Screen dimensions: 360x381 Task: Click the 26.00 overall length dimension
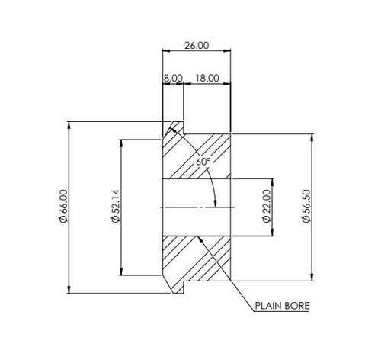coord(196,46)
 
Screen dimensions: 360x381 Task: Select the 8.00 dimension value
coord(172,78)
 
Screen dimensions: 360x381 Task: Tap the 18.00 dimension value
coord(207,78)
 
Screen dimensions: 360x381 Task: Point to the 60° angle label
coord(202,162)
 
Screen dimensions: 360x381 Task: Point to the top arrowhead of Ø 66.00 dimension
coord(69,124)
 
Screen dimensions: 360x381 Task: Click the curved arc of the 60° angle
coord(211,183)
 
